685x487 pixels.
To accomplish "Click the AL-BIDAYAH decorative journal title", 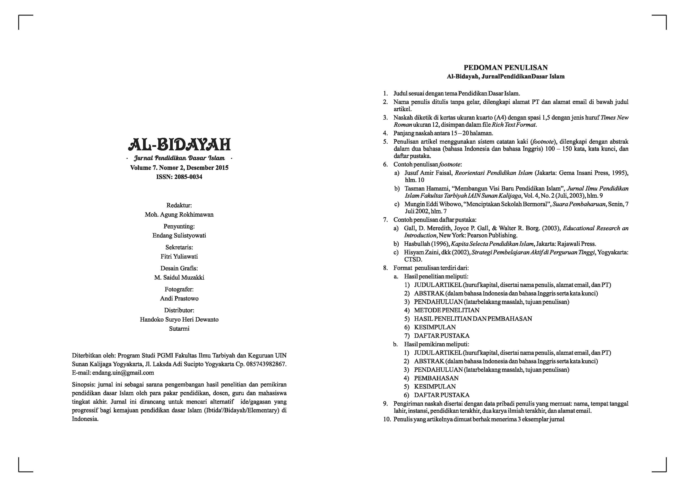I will click(179, 145).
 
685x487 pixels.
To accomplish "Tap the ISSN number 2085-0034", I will click(188, 177).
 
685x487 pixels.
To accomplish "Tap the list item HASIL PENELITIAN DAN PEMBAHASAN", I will click(473, 319).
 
